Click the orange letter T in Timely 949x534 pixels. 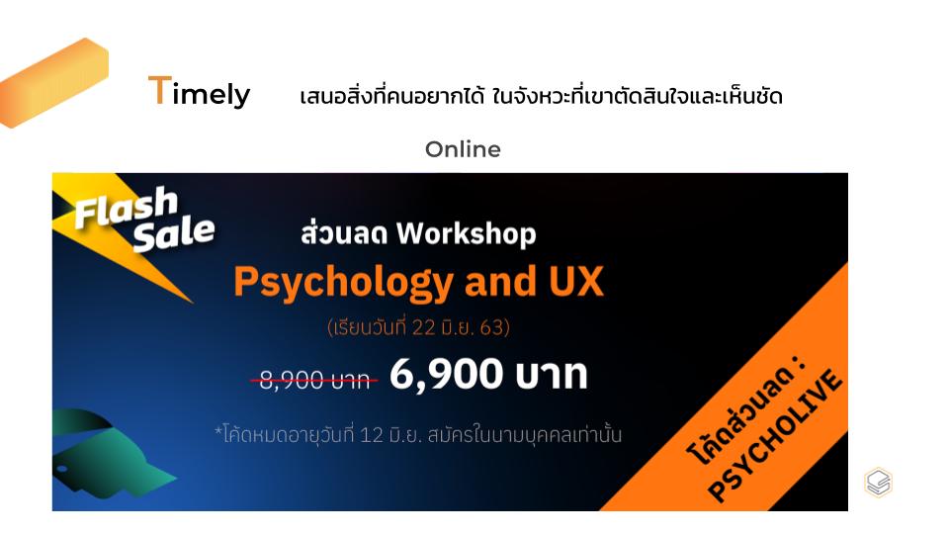point(159,91)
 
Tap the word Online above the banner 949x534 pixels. point(463,149)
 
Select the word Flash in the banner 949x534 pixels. point(127,207)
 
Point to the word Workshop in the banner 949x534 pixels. point(466,233)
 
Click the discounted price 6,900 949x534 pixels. point(446,374)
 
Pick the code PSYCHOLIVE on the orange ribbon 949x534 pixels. point(775,435)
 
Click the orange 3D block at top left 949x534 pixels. point(53,83)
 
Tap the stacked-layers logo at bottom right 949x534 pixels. point(878,483)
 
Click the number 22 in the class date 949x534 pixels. point(423,327)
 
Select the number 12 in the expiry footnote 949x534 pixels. point(372,435)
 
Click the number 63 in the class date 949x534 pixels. point(492,327)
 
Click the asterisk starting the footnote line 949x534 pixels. point(218,430)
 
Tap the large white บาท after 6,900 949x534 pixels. point(552,374)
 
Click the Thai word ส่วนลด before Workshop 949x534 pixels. point(343,233)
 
